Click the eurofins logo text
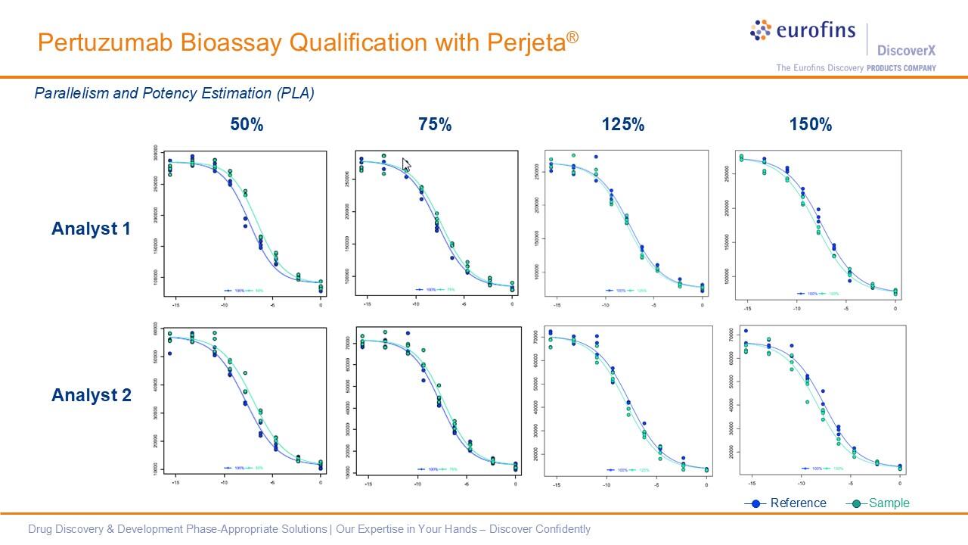point(815,30)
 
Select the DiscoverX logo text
point(906,50)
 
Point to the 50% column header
point(247,125)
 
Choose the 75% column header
point(435,125)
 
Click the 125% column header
point(623,125)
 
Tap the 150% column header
point(811,125)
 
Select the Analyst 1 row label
point(92,228)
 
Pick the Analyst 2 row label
point(92,395)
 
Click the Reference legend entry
point(798,503)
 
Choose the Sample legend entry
point(889,503)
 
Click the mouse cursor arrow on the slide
point(406,165)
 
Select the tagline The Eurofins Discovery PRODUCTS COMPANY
point(855,68)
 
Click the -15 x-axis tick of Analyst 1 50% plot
point(176,305)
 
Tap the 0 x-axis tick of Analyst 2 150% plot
point(900,483)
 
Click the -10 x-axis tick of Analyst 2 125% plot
point(606,484)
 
